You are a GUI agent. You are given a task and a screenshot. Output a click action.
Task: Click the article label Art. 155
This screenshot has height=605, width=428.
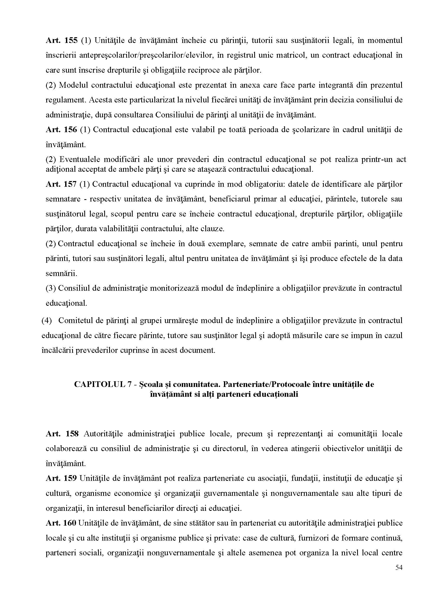[x=62, y=40]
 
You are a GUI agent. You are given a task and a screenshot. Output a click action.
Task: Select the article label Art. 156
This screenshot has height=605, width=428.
[x=62, y=130]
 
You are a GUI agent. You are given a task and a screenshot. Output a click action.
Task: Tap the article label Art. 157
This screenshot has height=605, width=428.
[x=62, y=184]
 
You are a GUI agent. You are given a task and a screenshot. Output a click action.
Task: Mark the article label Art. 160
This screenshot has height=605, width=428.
[x=61, y=523]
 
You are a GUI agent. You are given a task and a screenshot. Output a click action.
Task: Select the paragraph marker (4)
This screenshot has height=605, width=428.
[x=47, y=320]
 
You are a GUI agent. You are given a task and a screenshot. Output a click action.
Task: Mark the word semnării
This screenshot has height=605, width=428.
[x=61, y=273]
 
